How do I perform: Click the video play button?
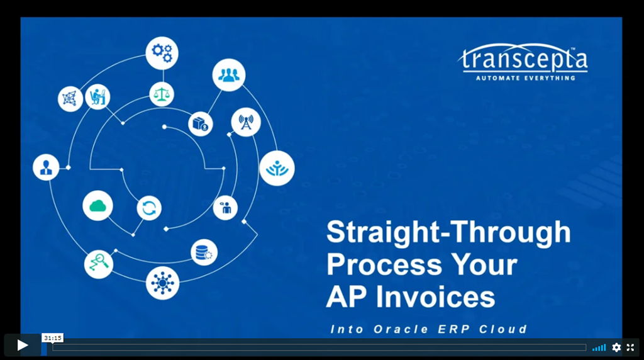click(x=23, y=345)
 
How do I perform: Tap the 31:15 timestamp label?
click(x=53, y=338)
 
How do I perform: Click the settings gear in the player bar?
click(x=616, y=347)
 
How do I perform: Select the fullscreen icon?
click(x=630, y=347)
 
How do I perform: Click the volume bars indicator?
click(x=599, y=347)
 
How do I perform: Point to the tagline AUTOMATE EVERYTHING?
click(x=525, y=78)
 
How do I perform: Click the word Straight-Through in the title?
click(x=448, y=233)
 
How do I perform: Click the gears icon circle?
click(x=162, y=53)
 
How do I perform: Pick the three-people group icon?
click(x=228, y=76)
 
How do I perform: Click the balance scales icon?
click(x=162, y=94)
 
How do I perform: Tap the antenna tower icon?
click(x=245, y=122)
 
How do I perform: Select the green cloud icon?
click(x=97, y=206)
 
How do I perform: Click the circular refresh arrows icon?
click(x=149, y=208)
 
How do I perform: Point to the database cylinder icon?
click(x=204, y=252)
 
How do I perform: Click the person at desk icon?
click(x=97, y=97)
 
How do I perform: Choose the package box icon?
click(x=201, y=124)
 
